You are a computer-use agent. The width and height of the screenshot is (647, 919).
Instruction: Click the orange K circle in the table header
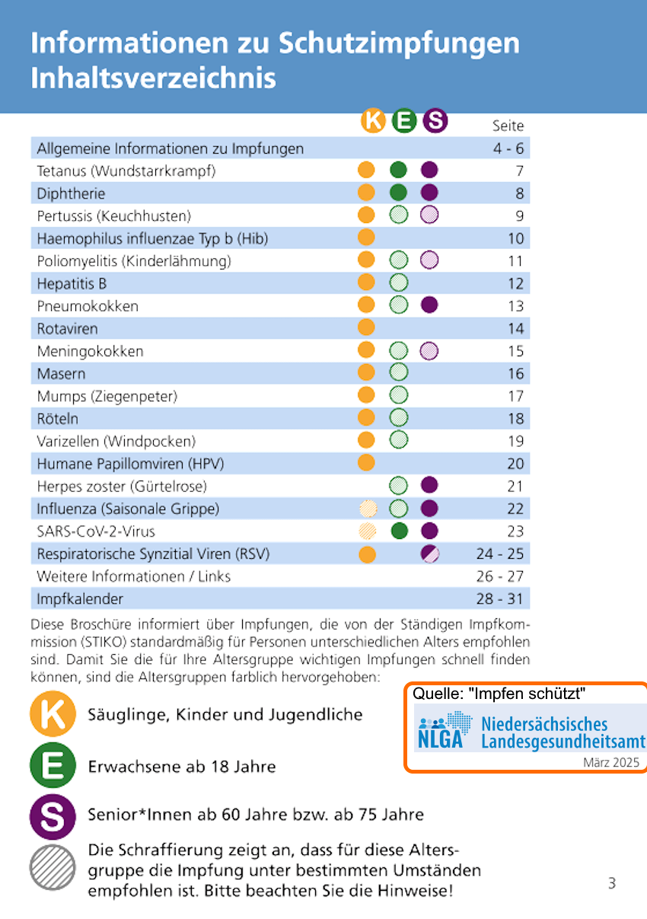373,121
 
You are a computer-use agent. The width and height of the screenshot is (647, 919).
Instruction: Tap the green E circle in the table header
404,121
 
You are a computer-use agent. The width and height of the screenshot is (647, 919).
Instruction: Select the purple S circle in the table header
435,121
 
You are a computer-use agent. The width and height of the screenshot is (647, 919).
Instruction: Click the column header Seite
508,126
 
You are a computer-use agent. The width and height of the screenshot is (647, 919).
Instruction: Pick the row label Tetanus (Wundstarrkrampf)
126,171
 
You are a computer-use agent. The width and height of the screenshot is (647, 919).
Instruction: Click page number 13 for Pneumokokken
515,306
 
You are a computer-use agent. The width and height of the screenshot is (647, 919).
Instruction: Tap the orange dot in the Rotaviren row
366,328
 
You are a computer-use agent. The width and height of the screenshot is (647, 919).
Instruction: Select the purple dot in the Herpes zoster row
429,486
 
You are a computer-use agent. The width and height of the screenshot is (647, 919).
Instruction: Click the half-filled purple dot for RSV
429,554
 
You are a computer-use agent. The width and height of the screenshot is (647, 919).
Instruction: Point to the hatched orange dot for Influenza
368,509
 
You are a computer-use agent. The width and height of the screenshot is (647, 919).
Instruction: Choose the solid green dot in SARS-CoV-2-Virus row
398,531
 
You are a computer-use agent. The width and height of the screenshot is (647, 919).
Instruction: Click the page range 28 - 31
499,598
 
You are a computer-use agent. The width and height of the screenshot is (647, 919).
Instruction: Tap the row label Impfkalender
80,598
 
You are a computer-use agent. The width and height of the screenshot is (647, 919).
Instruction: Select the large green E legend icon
53,765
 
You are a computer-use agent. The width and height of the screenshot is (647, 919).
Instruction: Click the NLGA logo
441,730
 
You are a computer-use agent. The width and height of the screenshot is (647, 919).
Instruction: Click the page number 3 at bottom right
612,883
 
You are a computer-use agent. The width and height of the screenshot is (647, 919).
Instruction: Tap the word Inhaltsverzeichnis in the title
153,78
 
